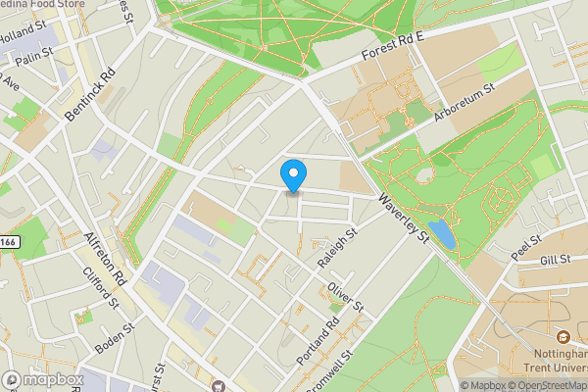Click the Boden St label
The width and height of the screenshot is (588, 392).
[x=116, y=339]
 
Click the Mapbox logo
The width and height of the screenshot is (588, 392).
[x=42, y=379]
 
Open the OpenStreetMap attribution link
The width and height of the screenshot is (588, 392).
[x=547, y=385]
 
